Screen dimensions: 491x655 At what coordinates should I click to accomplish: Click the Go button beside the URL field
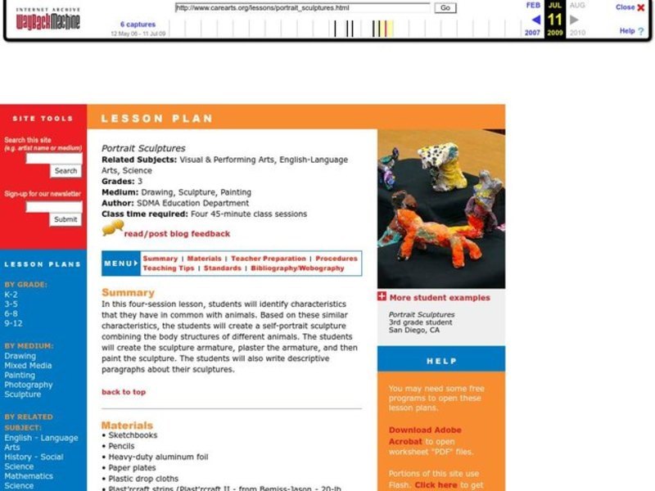click(x=445, y=7)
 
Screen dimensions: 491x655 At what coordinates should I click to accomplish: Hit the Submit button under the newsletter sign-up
click(x=65, y=219)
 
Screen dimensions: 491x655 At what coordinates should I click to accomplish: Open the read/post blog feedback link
click(x=177, y=233)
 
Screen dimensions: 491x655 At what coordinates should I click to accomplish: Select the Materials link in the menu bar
click(x=204, y=259)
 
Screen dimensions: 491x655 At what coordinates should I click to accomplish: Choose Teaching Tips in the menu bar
click(x=169, y=268)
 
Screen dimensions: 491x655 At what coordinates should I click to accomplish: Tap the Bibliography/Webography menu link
click(x=297, y=268)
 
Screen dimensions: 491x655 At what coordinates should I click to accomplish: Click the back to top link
click(x=124, y=392)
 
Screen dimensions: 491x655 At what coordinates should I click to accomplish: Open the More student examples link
click(x=440, y=298)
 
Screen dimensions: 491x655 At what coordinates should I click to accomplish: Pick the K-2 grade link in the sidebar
click(x=11, y=295)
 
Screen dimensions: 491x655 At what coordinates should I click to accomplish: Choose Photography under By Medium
click(x=29, y=385)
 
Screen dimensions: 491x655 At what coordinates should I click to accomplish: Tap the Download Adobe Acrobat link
click(x=425, y=435)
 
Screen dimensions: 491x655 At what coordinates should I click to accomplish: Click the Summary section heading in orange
click(x=128, y=292)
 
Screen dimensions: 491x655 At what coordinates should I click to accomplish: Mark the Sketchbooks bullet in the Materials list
click(x=133, y=435)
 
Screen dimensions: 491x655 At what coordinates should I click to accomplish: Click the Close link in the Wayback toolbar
click(x=625, y=7)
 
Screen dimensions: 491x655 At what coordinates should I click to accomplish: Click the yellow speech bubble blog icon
click(x=112, y=228)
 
